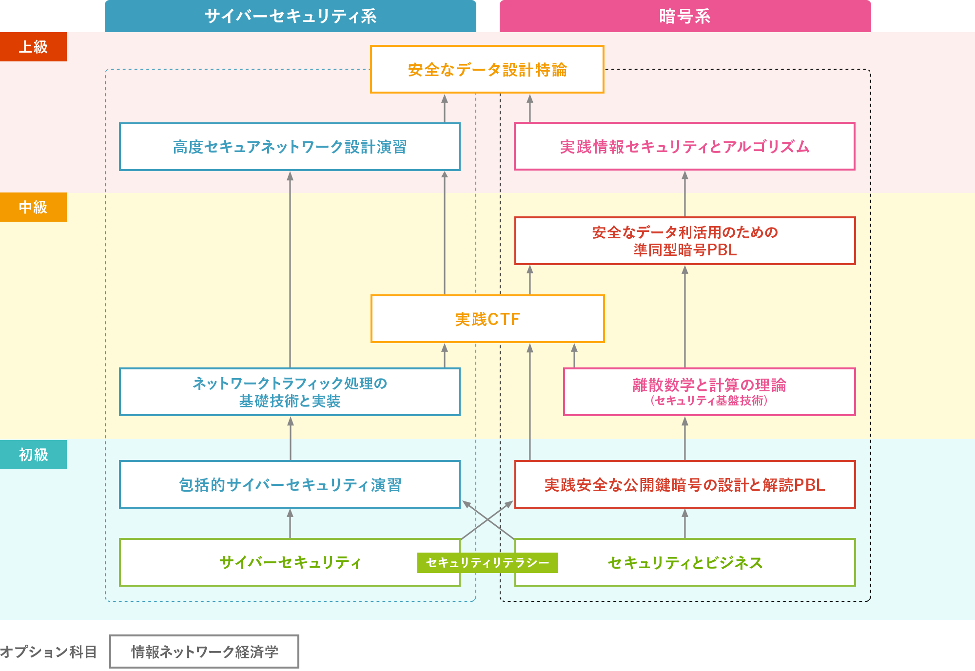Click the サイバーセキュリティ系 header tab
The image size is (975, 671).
point(290,16)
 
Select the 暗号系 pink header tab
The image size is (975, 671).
point(685,16)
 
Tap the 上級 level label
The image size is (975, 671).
point(33,47)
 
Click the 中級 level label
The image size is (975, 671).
point(33,207)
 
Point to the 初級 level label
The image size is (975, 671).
point(33,455)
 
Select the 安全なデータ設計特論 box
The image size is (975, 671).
point(487,69)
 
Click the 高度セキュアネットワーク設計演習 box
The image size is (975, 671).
point(290,147)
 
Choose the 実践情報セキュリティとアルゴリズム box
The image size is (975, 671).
point(684,146)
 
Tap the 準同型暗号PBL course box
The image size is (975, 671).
point(684,241)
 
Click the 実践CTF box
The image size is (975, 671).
point(487,319)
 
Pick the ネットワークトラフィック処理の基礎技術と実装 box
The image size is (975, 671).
point(290,392)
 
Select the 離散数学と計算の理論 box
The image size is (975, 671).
point(709,392)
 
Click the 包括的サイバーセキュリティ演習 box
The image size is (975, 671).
point(290,484)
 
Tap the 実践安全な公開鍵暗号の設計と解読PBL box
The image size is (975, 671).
point(684,484)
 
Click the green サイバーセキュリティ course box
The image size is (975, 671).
point(290,562)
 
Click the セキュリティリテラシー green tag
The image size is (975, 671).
point(487,563)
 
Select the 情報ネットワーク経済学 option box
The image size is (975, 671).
point(204,652)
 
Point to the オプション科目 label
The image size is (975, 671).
point(48,652)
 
